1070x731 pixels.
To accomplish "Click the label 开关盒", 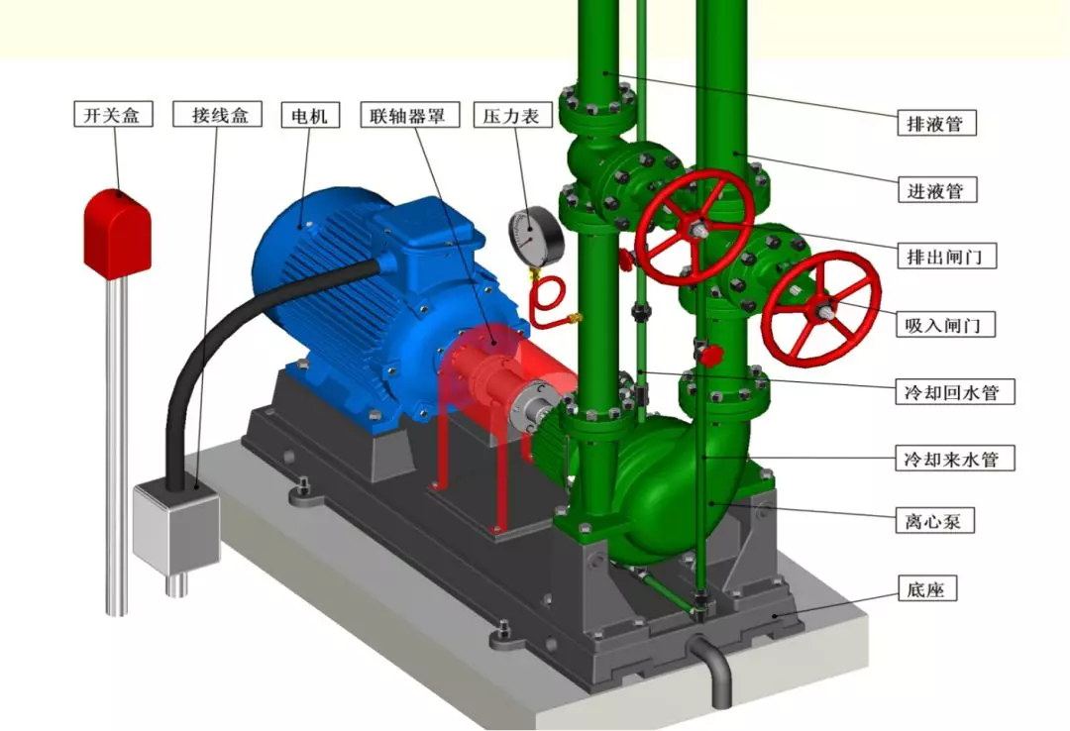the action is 113,114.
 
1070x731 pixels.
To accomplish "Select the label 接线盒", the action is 219,114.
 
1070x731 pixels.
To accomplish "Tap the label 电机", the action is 310,115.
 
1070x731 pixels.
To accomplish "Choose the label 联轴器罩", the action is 409,115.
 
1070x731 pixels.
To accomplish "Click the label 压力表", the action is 511,115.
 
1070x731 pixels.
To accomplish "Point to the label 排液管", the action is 936,123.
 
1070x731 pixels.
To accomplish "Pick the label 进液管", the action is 936,190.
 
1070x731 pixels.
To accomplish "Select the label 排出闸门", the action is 946,256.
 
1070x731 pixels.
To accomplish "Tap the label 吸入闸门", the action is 945,324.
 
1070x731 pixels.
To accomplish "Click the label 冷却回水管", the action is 955,392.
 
